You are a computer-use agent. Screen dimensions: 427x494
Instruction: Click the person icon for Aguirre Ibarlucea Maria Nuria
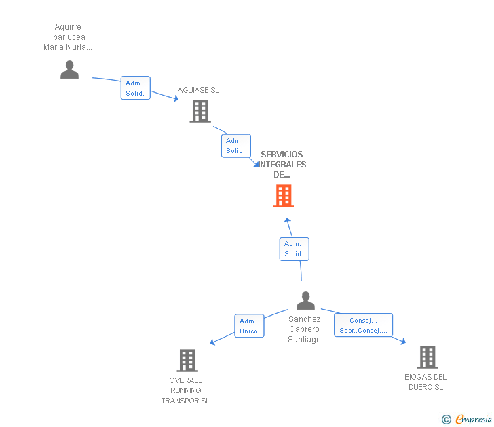69,69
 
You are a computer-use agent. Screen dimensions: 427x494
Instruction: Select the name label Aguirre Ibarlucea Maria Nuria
67,37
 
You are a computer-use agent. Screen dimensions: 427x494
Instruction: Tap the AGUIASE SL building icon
200,111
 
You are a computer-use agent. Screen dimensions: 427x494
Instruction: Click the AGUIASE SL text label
198,90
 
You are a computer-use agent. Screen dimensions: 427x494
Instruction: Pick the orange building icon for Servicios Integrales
284,196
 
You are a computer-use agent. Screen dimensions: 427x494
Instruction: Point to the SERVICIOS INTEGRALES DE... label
282,165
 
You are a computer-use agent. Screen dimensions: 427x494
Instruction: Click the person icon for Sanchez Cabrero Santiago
306,300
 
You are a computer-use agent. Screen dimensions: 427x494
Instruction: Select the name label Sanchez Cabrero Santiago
304,329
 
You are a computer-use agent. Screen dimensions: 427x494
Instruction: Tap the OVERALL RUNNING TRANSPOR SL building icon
187,360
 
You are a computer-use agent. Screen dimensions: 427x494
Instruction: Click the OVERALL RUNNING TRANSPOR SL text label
185,390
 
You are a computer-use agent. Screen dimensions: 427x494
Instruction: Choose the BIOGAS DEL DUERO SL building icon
427,357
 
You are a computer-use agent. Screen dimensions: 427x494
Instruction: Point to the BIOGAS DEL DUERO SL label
425,382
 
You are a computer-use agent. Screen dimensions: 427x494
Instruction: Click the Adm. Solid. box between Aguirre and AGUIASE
135,88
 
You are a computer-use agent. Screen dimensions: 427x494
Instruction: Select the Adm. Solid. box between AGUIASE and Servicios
235,146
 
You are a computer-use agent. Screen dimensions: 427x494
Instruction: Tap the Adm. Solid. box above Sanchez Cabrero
294,249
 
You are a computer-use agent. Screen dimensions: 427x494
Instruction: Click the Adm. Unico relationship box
248,326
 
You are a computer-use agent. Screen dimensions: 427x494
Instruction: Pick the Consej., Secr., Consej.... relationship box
363,325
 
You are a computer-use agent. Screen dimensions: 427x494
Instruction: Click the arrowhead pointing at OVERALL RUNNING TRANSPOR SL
212,342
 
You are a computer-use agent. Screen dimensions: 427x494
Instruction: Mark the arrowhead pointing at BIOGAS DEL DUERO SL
402,342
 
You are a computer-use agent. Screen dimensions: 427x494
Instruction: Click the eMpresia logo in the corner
468,420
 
